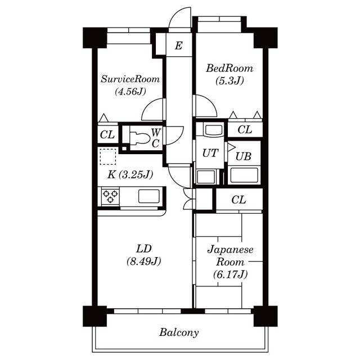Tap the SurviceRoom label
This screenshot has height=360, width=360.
130,79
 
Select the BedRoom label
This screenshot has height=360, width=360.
229,69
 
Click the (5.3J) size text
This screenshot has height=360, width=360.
229,80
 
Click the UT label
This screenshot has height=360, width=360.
210,154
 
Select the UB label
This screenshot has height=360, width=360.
244,156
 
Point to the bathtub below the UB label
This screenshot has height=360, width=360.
244,175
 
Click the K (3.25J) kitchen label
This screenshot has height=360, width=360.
130,174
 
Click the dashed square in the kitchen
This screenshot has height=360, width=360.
107,156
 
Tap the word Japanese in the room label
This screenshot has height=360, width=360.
231,250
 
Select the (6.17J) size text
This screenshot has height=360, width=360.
231,274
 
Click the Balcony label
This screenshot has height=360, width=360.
179,332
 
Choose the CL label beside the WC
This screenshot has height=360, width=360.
107,135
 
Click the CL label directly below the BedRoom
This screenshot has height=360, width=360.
244,130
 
